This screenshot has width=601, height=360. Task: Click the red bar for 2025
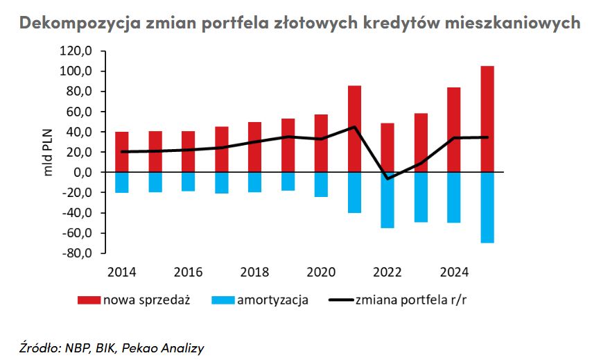(487, 119)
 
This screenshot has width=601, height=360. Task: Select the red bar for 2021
(354, 128)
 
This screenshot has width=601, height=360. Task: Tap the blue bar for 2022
(387, 200)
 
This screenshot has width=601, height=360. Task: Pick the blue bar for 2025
(487, 207)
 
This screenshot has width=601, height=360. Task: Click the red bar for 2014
(122, 152)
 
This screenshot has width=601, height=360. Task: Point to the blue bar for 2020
(321, 185)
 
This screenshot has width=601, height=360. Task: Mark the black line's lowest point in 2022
(387, 179)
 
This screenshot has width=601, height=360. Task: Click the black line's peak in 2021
(354, 127)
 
